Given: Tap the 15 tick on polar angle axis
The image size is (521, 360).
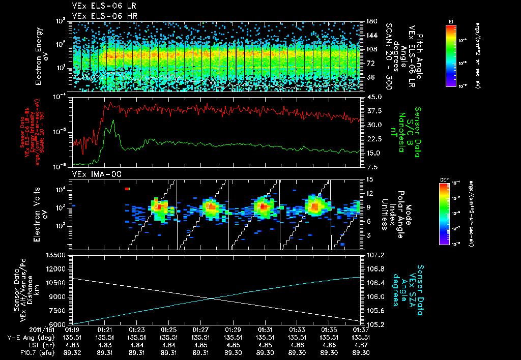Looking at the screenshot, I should point(368,179).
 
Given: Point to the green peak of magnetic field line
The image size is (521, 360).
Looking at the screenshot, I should point(112,121).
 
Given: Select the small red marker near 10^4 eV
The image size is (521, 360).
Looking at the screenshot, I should point(128,189).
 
